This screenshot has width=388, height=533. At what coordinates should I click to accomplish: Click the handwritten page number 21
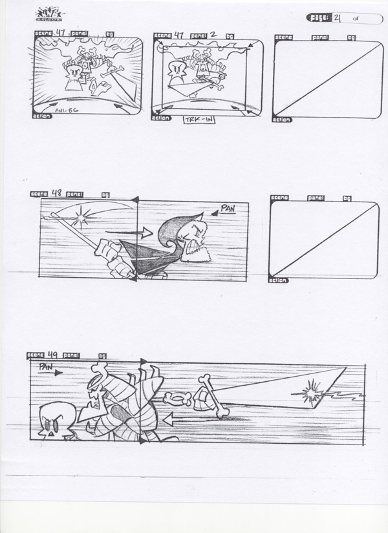tap(338, 19)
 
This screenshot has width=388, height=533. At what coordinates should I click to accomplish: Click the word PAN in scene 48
tap(227, 209)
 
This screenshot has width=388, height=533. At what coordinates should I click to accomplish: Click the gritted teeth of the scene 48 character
tap(193, 247)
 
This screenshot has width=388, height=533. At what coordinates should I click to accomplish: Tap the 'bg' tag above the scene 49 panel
tap(101, 355)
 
